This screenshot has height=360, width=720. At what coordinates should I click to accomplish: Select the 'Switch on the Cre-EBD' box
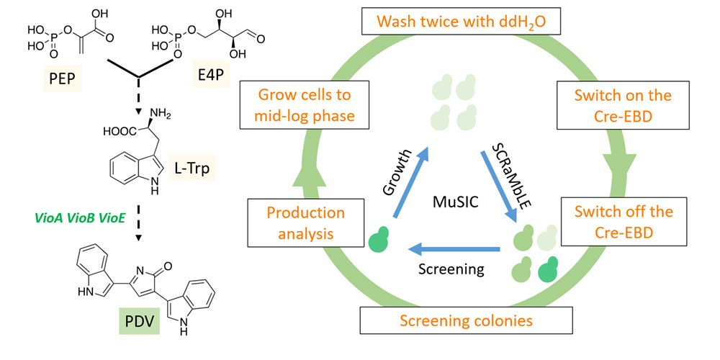click(624, 106)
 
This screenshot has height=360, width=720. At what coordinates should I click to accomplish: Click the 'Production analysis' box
click(305, 223)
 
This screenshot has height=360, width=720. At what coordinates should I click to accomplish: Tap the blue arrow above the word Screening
click(453, 250)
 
